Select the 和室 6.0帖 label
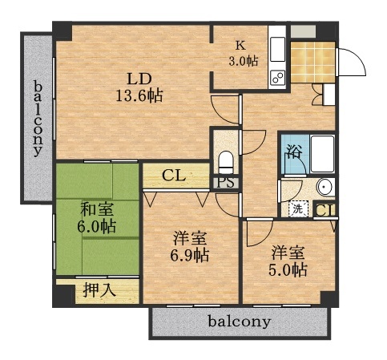[96, 217]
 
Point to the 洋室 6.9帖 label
[191, 246]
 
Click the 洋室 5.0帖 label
[288, 261]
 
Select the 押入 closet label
[99, 290]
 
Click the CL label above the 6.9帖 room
[173, 175]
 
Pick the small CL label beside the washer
[325, 211]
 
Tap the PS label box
[224, 182]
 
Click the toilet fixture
[225, 160]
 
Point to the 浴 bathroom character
[294, 152]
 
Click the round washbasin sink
[323, 189]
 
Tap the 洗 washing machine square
[298, 208]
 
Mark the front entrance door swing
[350, 60]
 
